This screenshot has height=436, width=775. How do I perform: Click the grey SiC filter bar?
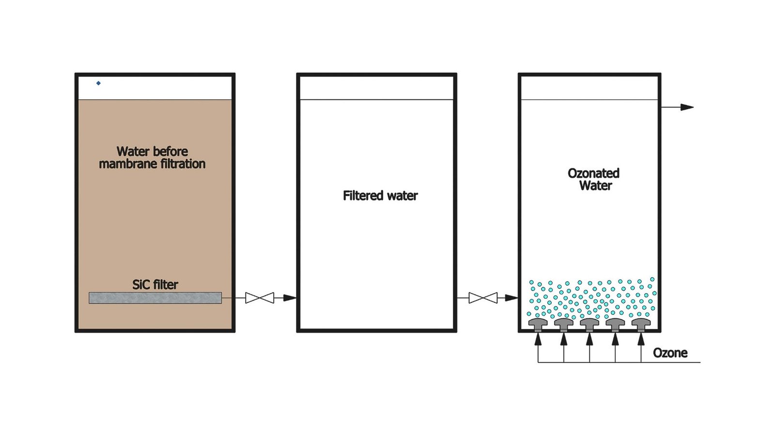coord(155,298)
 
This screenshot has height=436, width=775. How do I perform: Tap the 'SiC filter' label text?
coord(155,284)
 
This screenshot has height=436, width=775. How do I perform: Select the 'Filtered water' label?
coord(380,196)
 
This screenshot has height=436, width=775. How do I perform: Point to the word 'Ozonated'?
coord(593,173)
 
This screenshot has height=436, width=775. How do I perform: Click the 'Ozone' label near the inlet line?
coord(670,353)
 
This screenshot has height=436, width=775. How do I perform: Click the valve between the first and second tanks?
coord(260,298)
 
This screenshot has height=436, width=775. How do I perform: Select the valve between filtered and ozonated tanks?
coord(483,298)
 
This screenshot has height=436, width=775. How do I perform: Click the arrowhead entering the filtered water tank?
coord(290,298)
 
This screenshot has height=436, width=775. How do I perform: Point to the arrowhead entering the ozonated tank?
coord(511,298)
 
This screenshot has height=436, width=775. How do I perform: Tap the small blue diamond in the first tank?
coord(98,83)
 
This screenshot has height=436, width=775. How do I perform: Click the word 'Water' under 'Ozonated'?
coord(595,186)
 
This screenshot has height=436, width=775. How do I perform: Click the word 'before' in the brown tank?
coord(170,151)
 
